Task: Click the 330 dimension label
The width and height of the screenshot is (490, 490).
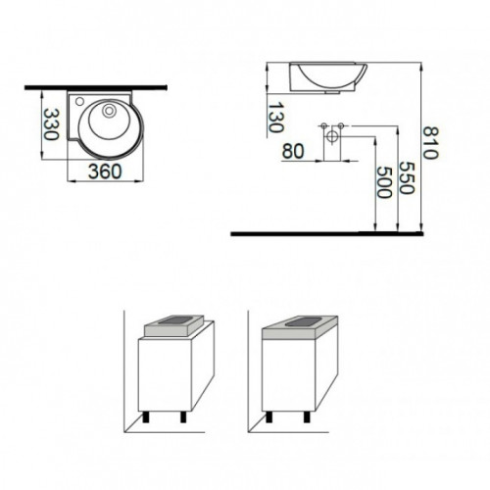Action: tap(51, 124)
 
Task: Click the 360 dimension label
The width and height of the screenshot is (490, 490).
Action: tap(105, 171)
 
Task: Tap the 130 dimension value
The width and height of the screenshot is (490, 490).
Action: tap(275, 118)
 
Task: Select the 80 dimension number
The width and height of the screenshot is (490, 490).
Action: tap(293, 151)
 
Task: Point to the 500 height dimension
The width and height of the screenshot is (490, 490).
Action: tap(384, 182)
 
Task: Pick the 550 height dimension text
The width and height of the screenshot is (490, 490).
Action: tap(407, 177)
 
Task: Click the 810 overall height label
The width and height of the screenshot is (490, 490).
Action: tap(430, 143)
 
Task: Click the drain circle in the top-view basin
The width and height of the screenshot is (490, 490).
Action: tap(109, 111)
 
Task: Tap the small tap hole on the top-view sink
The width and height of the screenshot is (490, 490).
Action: tap(79, 101)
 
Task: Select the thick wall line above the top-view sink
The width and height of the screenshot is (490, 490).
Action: tap(96, 87)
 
